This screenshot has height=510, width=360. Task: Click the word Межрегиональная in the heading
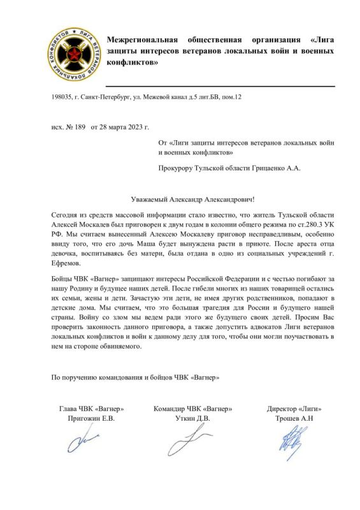pos(141,40)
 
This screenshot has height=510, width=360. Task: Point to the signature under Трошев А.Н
pos(290,441)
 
